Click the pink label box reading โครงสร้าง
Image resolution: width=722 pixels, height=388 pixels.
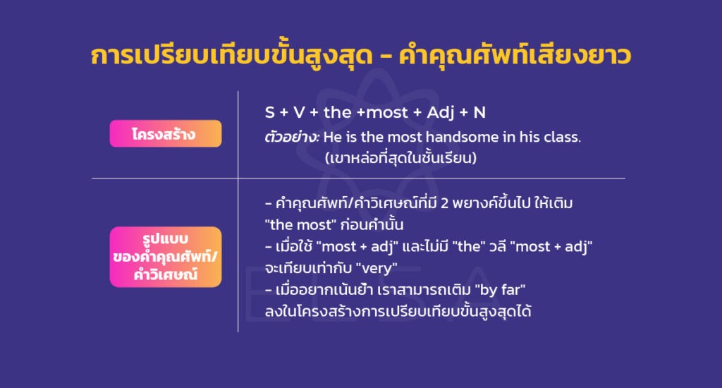(165, 133)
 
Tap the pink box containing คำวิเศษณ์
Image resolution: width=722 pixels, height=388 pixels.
(165, 257)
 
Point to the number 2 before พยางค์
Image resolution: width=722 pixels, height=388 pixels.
(444, 205)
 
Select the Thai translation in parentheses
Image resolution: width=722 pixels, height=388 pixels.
(400, 158)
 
